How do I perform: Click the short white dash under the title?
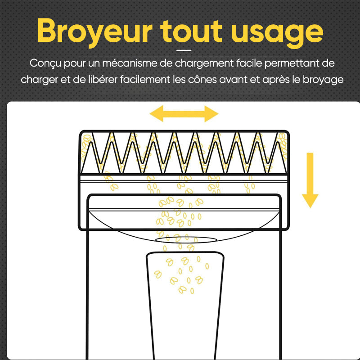pyautogui.click(x=184, y=50)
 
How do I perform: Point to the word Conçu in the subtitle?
pyautogui.click(x=45, y=63)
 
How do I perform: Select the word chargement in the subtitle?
pyautogui.click(x=204, y=63)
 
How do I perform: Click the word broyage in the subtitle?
pyautogui.click(x=323, y=80)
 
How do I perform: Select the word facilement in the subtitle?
pyautogui.click(x=145, y=80)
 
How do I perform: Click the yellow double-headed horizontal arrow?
pyautogui.click(x=184, y=114)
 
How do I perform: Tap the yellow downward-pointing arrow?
pyautogui.click(x=310, y=180)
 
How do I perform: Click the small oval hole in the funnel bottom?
pyautogui.click(x=186, y=240)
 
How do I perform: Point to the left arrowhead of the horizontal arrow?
pyautogui.click(x=156, y=114)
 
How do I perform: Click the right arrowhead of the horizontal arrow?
pyautogui.click(x=211, y=114)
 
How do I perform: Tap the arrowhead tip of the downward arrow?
pyautogui.click(x=310, y=207)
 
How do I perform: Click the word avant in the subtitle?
pyautogui.click(x=233, y=80)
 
